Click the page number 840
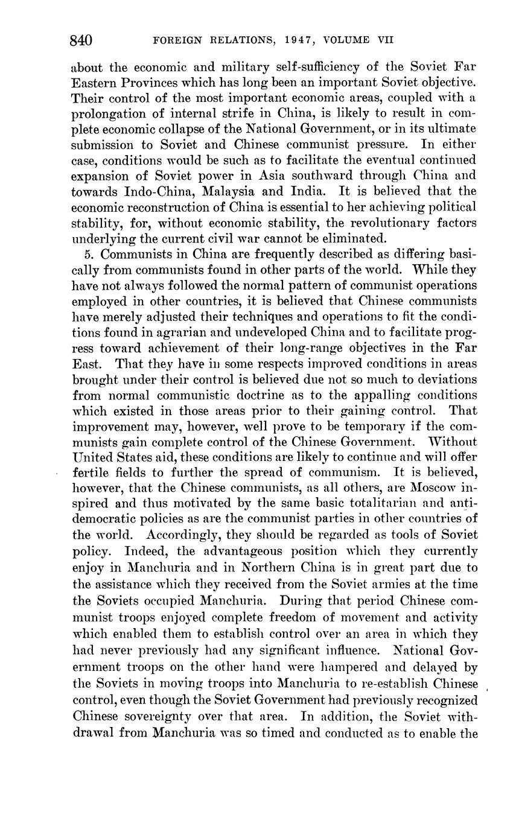click(81, 40)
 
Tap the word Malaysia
click(226, 192)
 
